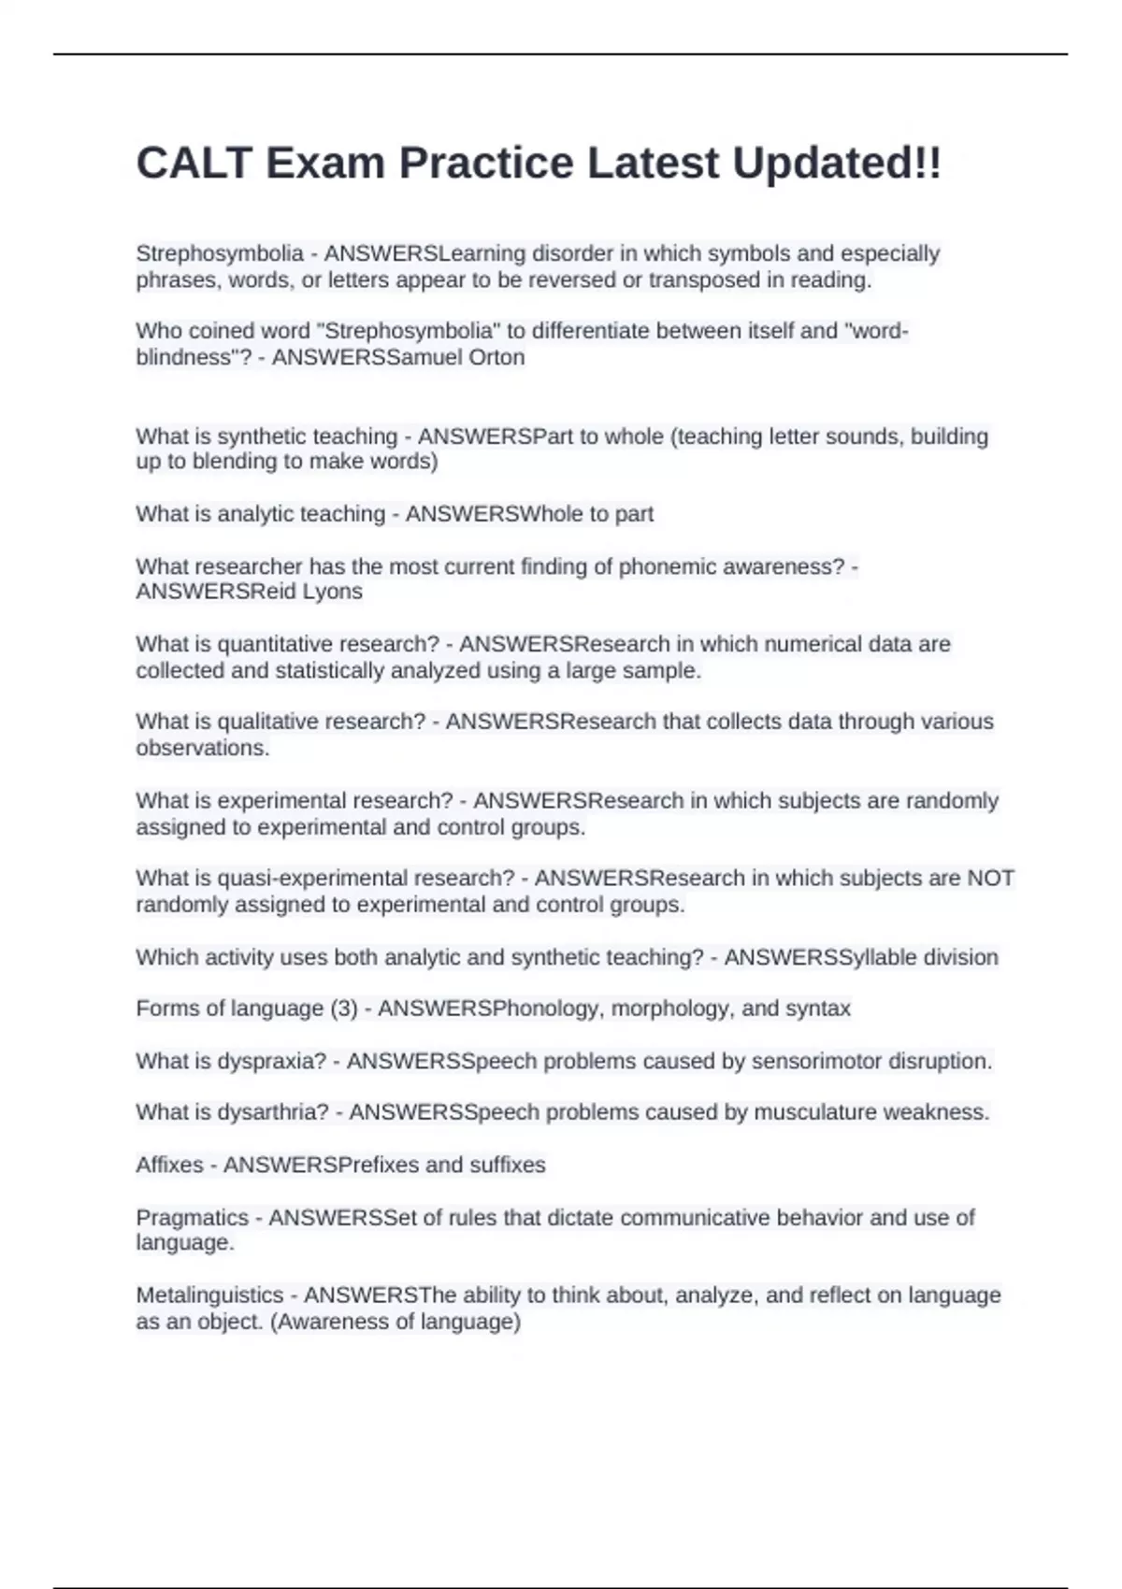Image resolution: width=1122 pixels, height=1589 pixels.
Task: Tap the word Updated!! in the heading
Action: tap(837, 164)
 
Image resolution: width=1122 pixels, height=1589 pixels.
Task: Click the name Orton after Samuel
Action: tap(494, 357)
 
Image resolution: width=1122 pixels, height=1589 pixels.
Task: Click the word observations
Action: tap(202, 748)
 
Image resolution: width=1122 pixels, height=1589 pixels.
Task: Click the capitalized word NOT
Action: tap(990, 879)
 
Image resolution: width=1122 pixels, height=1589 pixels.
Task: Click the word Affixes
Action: tap(169, 1165)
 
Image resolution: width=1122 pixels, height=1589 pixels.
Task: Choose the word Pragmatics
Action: tap(192, 1218)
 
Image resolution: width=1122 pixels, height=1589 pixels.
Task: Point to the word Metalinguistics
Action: tap(209, 1296)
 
